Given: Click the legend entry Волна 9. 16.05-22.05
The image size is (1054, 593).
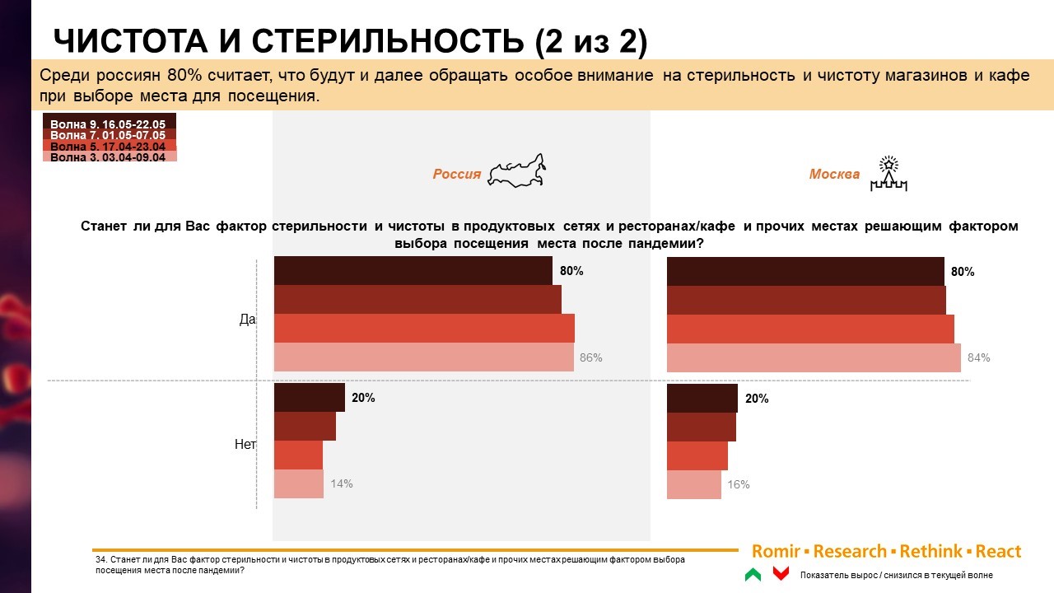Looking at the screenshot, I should tap(108, 124).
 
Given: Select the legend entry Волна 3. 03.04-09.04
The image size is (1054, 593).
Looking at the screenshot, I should tap(108, 156).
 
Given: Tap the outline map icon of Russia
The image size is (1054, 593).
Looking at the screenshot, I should tap(517, 171).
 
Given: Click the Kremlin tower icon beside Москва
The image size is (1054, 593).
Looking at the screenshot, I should tap(888, 174).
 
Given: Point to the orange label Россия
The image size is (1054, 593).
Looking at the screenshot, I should tap(457, 175).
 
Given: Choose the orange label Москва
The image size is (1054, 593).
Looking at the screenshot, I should tap(834, 175).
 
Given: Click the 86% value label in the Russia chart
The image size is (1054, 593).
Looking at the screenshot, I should tap(591, 358).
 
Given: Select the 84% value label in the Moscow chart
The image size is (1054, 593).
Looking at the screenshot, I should tap(979, 358).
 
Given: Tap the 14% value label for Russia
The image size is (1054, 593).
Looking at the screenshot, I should tap(342, 484).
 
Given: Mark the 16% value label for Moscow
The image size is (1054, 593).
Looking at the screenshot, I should tap(739, 485).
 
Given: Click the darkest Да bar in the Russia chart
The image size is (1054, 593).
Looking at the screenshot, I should tap(413, 271).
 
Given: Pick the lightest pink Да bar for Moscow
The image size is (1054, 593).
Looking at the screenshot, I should tap(813, 358).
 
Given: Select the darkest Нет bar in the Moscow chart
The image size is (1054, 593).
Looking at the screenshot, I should tap(702, 399).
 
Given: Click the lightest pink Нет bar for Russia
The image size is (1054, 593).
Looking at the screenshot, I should tap(298, 484).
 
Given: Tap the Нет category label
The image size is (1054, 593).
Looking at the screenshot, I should tap(245, 445).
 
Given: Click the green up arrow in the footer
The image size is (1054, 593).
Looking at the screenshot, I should tap(753, 574).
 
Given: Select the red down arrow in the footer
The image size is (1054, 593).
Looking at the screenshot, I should tap(781, 574).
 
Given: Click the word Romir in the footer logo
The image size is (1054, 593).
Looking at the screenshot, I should tap(776, 552).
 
